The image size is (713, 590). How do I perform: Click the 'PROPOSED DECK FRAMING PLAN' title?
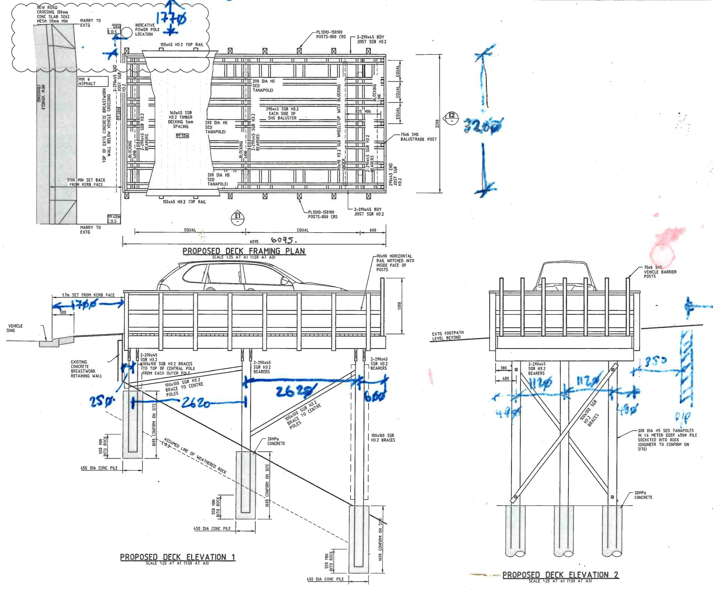(x=244, y=251)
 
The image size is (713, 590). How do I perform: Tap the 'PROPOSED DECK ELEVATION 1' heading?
(x=177, y=557)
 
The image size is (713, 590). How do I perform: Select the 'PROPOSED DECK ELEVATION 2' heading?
(x=560, y=575)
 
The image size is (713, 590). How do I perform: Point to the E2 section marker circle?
(x=451, y=117)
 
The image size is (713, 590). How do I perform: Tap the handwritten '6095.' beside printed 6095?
(x=284, y=241)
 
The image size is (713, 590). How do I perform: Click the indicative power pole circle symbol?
(x=127, y=32)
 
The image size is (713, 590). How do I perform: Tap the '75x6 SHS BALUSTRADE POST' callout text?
(x=418, y=137)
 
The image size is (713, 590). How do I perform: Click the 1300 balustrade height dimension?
(x=400, y=306)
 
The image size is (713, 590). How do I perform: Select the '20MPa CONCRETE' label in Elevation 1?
(x=276, y=441)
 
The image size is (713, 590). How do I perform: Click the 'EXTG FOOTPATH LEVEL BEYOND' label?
(x=447, y=335)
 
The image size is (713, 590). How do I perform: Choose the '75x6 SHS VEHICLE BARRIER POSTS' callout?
(x=660, y=272)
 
